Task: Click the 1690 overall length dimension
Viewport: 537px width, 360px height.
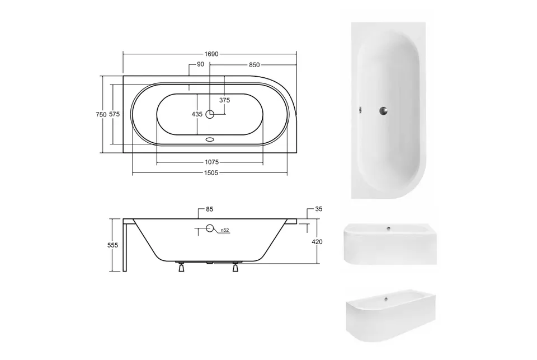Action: tap(211, 54)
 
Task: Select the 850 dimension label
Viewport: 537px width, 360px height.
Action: tap(254, 65)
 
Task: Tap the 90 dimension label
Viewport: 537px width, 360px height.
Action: tap(201, 64)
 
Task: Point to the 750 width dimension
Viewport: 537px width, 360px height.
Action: tap(101, 115)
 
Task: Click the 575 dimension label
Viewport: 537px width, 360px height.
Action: tap(114, 114)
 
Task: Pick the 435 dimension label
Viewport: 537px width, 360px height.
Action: tap(197, 114)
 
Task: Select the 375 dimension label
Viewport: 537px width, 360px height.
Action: tap(225, 100)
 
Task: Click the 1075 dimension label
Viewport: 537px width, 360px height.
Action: tap(211, 162)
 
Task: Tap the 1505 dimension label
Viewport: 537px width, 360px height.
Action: tap(211, 173)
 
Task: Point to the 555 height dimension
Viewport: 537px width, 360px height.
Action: tap(112, 245)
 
